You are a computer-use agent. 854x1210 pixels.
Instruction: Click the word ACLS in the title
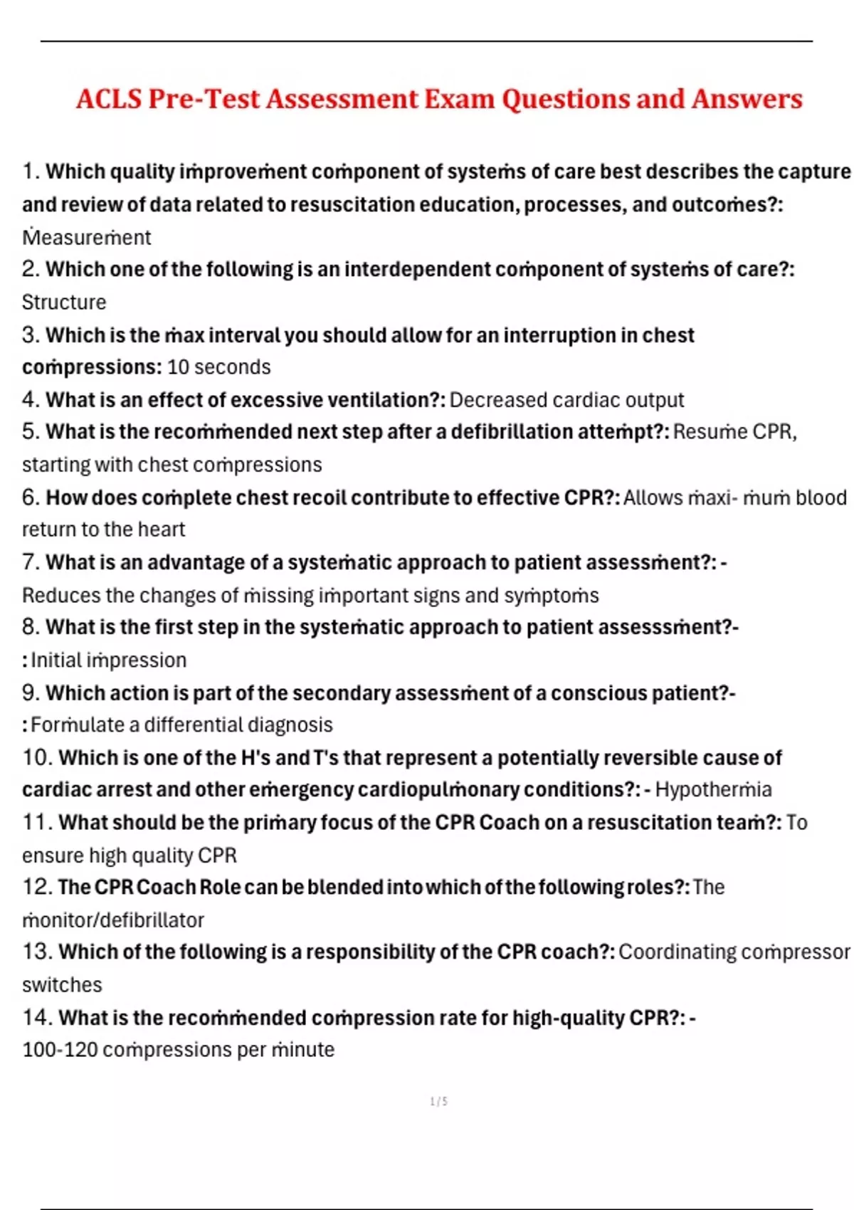point(109,99)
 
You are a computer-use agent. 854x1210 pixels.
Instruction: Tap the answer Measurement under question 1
point(87,237)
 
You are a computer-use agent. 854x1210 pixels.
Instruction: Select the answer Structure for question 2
point(64,302)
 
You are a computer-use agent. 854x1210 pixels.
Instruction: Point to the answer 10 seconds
point(218,367)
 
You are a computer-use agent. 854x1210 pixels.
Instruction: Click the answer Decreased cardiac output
point(566,400)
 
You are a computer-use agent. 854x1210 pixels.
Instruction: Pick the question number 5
point(30,432)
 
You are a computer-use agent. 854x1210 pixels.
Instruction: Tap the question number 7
point(30,562)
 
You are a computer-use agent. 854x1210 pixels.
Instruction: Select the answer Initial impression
point(108,661)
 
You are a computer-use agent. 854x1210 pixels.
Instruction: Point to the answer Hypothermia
point(713,790)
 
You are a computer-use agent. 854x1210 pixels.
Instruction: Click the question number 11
point(36,823)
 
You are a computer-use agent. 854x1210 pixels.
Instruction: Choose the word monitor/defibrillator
point(113,920)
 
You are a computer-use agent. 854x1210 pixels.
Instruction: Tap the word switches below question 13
point(62,985)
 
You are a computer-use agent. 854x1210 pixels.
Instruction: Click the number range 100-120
point(60,1050)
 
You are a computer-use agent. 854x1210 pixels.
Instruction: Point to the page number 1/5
point(439,1102)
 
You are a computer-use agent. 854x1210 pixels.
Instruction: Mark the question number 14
point(36,1018)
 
